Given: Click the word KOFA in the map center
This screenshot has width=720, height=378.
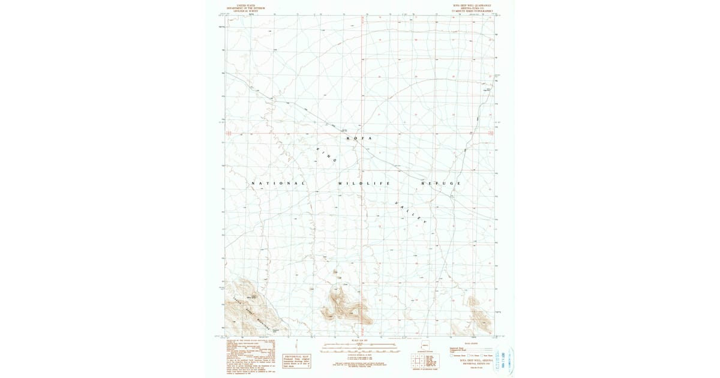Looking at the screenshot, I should pyautogui.click(x=360, y=139).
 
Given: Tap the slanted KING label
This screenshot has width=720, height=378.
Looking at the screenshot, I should pyautogui.click(x=326, y=154).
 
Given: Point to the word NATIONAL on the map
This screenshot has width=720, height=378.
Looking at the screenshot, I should pyautogui.click(x=278, y=183).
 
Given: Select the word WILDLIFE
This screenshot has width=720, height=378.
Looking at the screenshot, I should pyautogui.click(x=364, y=183).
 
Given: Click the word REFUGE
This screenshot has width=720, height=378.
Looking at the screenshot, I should pyautogui.click(x=441, y=183).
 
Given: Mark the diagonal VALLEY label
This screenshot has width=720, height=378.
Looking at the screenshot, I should pyautogui.click(x=411, y=213).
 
